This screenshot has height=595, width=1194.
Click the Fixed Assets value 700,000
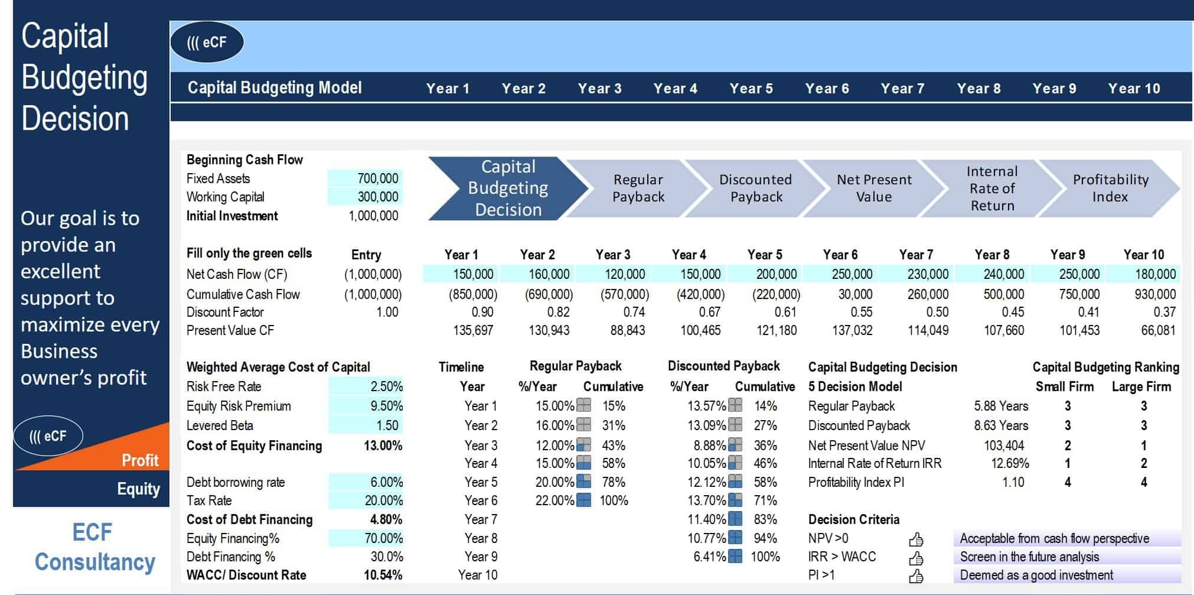tap(378, 178)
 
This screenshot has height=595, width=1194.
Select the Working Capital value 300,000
tap(378, 197)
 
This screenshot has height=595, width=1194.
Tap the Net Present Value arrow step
tap(874, 188)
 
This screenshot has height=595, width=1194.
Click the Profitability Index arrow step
tap(1110, 188)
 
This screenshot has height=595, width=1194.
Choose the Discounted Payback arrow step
tap(756, 188)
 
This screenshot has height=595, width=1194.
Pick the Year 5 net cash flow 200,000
tap(776, 274)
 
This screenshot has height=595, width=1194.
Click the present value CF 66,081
tap(1158, 330)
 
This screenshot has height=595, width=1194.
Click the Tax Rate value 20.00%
tap(383, 500)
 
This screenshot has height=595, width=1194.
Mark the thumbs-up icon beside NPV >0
tap(916, 539)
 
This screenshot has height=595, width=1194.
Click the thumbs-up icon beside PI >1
tap(916, 576)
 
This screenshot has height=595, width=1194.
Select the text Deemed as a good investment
tap(1036, 575)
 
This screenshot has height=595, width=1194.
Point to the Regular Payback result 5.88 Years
tap(1001, 406)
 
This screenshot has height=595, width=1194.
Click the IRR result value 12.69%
tap(1010, 463)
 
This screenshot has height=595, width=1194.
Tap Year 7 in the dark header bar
tap(902, 89)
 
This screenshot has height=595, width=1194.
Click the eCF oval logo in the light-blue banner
tap(207, 43)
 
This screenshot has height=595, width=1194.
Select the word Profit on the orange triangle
tap(140, 460)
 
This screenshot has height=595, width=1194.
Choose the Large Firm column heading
tap(1141, 387)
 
